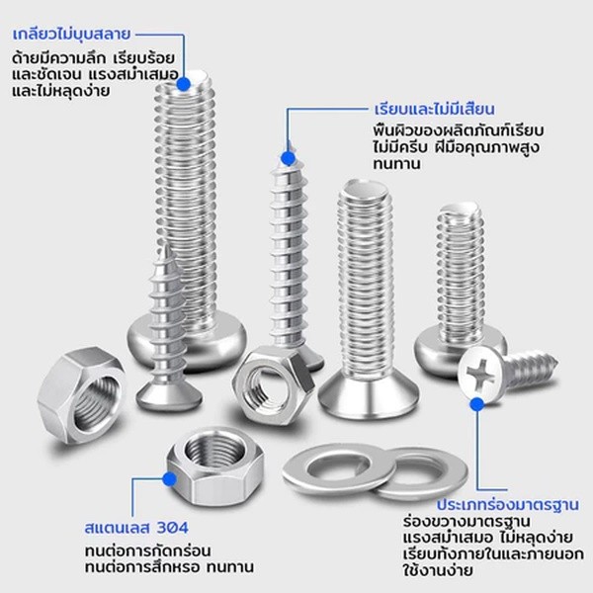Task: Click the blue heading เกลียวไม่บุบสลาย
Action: click(x=71, y=34)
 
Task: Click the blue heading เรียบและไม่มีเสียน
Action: click(x=435, y=109)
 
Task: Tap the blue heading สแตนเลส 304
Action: click(x=136, y=528)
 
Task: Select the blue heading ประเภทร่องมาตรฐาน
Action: click(x=508, y=504)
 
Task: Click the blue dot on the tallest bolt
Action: click(x=184, y=84)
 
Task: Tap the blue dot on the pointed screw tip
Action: click(x=289, y=158)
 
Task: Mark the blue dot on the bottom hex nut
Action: click(x=170, y=479)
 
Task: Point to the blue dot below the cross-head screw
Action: click(x=477, y=404)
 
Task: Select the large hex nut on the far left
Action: click(x=81, y=394)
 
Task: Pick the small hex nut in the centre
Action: click(x=273, y=384)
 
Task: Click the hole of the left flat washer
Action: click(x=338, y=467)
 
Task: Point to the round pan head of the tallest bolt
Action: click(x=188, y=343)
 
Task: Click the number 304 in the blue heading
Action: click(x=172, y=528)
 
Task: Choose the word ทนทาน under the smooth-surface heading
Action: click(x=396, y=164)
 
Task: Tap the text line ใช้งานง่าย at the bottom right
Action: click(x=438, y=570)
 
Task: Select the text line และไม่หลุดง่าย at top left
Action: click(x=61, y=91)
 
